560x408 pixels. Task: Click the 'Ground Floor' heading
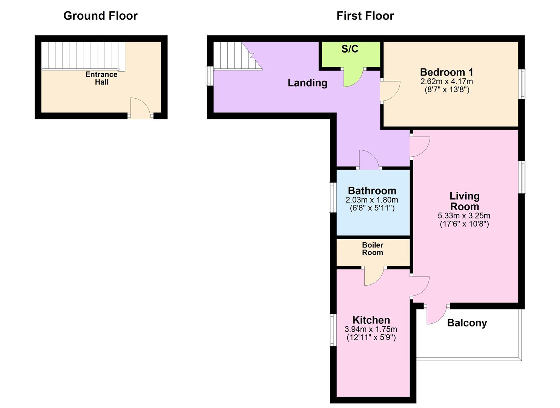point(100,16)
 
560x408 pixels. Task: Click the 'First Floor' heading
point(365,16)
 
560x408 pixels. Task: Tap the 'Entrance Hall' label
point(101,78)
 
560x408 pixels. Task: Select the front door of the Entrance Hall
point(140,108)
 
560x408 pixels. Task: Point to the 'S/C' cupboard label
point(350,49)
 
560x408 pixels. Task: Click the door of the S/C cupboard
point(353,77)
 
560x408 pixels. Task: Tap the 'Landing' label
point(307,83)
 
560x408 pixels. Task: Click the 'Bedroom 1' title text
point(446,72)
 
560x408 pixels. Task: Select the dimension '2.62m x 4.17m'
point(446,82)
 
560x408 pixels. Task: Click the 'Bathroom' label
point(372,191)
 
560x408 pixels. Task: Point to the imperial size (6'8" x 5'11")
point(372,208)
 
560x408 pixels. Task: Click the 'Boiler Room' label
point(373,249)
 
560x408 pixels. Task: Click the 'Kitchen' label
point(371,320)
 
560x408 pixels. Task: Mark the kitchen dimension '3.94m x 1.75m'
point(371,329)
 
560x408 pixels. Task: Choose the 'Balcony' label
point(467,323)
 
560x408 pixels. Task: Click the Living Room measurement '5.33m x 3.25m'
point(464,216)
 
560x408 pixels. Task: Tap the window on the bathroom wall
point(333,197)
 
